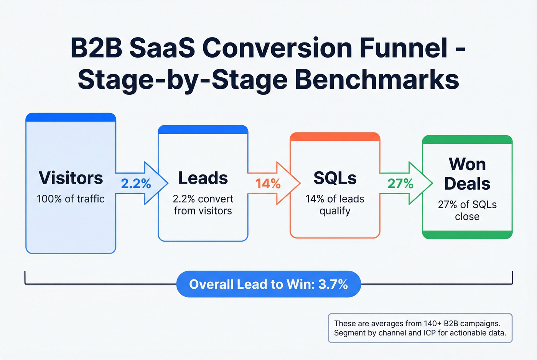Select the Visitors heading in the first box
pyautogui.click(x=71, y=178)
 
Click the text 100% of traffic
pyautogui.click(x=71, y=199)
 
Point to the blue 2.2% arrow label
pyautogui.click(x=136, y=184)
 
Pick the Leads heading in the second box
pyautogui.click(x=203, y=178)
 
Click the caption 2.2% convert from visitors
pyautogui.click(x=203, y=205)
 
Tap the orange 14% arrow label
pyautogui.click(x=268, y=184)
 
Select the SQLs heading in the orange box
pyautogui.click(x=335, y=178)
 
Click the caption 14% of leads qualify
pyautogui.click(x=335, y=205)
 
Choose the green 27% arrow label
pyautogui.click(x=400, y=184)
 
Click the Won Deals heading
pyautogui.click(x=467, y=174)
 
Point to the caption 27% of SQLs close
pyautogui.click(x=467, y=210)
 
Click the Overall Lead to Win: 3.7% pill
pyautogui.click(x=268, y=284)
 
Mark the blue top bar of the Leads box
pyautogui.click(x=203, y=130)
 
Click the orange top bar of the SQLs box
pyautogui.click(x=335, y=137)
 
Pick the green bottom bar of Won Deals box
pyautogui.click(x=467, y=235)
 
